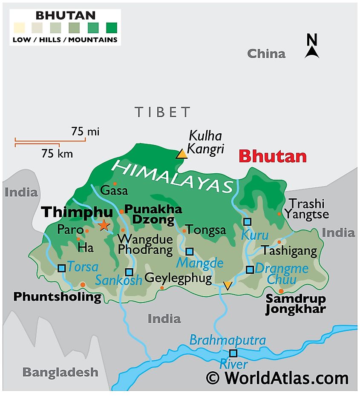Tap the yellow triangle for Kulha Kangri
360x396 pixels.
tap(182, 154)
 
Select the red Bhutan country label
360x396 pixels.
tap(273, 156)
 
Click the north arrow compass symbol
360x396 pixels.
tap(312, 47)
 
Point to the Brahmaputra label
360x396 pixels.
tap(228, 340)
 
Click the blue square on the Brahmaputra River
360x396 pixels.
tap(233, 353)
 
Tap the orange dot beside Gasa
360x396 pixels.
tap(114, 184)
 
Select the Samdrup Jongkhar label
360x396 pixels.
tap(296, 304)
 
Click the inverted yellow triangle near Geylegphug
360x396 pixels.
tap(228, 285)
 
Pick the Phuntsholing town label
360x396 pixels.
tap(58, 297)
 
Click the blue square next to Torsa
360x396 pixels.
tap(62, 268)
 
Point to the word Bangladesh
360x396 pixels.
tap(60, 372)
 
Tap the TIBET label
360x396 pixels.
tap(162, 112)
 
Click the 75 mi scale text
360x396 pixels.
tap(85, 132)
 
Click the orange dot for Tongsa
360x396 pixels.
tap(184, 231)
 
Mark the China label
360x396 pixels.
tap(266, 54)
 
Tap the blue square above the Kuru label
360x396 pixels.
tap(247, 221)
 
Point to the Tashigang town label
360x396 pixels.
tap(289, 251)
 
